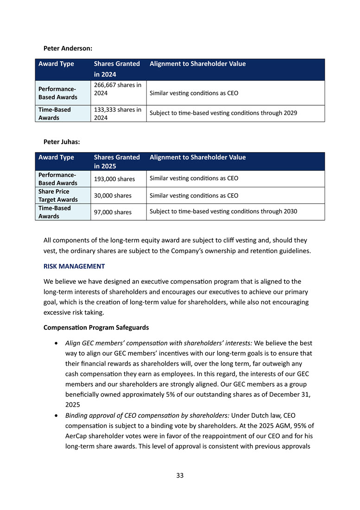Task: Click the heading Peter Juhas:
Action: click(x=62, y=142)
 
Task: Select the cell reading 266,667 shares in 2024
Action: click(x=118, y=89)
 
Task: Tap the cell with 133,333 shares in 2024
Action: click(x=118, y=114)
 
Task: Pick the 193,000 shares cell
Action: click(x=114, y=179)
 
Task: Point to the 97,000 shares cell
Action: click(x=113, y=212)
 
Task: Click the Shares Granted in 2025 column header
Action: click(x=116, y=161)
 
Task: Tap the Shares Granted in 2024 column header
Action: click(x=116, y=69)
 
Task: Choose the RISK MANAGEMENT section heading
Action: click(x=74, y=266)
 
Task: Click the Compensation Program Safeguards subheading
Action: click(x=96, y=327)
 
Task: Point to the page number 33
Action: click(x=180, y=475)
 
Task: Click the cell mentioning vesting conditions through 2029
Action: click(x=223, y=113)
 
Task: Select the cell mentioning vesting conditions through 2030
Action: click(x=223, y=212)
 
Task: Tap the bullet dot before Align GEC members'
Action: click(x=56, y=343)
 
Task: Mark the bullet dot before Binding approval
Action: click(x=56, y=414)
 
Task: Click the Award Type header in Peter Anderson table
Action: click(x=56, y=64)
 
